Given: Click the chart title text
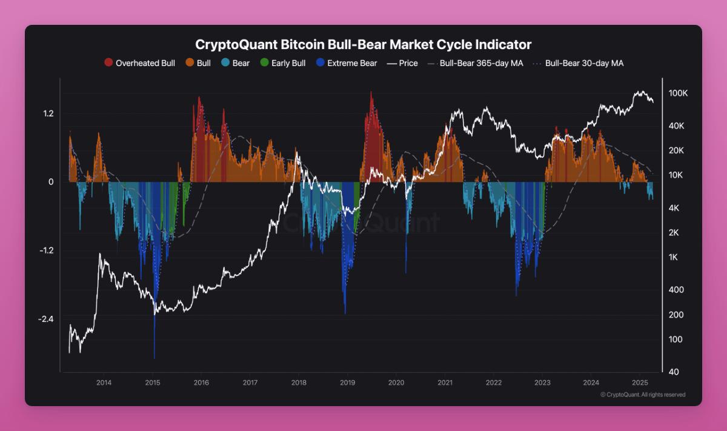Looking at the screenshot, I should [363, 44].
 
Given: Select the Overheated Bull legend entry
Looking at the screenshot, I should [140, 63].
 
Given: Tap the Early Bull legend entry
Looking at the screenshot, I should [282, 63].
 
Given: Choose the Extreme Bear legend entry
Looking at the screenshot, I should [345, 63].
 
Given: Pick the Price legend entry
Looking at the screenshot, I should [402, 63].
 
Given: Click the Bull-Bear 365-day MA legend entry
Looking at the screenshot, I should [475, 63].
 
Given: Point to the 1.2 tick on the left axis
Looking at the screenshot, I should [48, 114].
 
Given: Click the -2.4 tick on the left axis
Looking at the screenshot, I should [45, 319].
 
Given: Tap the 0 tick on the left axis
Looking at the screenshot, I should [51, 182].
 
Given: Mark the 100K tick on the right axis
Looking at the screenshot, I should [678, 93].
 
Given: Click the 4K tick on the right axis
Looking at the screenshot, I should [674, 208].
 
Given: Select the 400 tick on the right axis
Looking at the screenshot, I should [676, 290].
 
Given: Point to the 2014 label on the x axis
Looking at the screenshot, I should [104, 383].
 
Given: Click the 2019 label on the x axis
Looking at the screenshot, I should [347, 383].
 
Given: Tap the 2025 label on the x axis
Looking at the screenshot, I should [640, 383].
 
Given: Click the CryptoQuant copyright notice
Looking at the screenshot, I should [643, 395].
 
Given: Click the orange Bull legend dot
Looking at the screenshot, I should [189, 63].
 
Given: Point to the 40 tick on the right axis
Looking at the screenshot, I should [672, 371].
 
